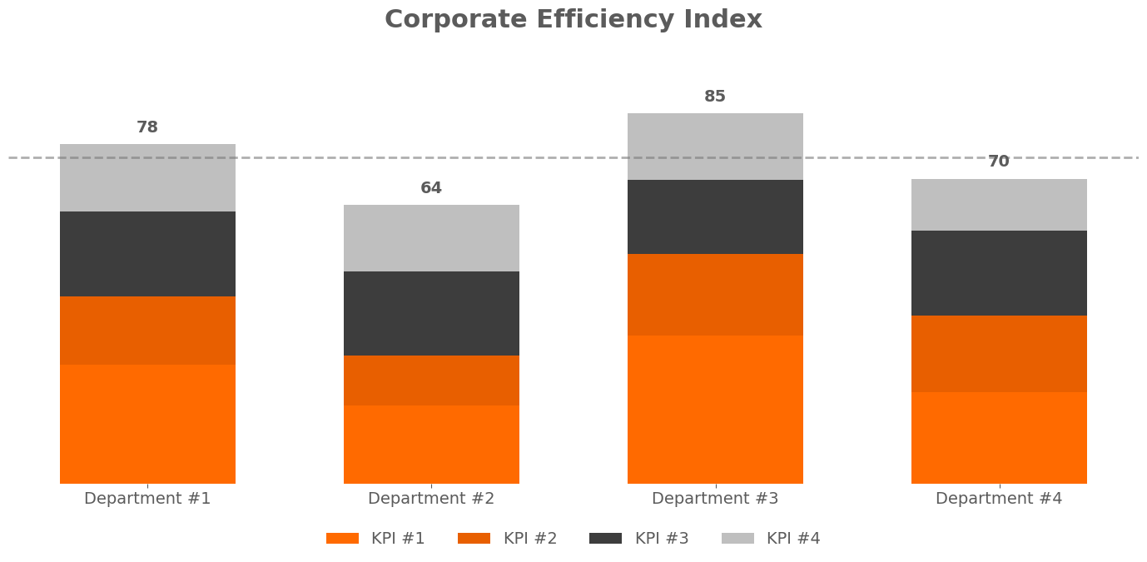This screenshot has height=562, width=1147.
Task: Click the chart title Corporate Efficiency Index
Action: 573,20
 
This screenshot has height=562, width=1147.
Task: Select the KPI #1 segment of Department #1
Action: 147,424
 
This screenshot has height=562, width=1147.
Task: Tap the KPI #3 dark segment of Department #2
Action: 431,313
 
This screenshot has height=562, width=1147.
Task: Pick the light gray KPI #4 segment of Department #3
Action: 715,147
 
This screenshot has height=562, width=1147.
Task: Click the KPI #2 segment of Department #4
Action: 999,353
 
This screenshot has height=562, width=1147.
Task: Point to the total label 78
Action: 147,127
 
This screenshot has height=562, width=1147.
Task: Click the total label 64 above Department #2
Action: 431,188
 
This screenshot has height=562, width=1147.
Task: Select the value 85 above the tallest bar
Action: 715,97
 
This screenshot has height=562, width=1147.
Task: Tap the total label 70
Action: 999,162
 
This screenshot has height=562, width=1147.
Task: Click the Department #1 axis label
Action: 147,499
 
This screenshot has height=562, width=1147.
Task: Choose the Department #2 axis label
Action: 431,499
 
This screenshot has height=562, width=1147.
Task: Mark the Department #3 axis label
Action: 715,499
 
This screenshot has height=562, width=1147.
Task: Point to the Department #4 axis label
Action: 999,499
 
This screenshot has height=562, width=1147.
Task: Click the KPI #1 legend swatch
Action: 342,539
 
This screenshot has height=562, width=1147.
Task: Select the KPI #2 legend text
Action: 530,539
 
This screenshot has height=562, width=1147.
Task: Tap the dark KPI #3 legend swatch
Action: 605,539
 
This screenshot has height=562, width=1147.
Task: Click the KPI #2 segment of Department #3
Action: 715,295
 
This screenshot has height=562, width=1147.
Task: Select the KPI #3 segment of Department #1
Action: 147,254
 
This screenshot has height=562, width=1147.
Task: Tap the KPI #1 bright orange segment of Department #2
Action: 431,445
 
